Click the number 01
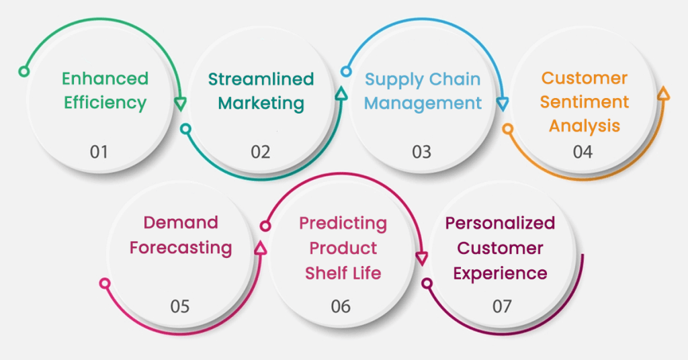click(x=99, y=152)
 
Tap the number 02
click(x=260, y=152)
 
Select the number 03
click(x=421, y=152)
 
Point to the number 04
click(x=583, y=152)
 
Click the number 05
click(x=179, y=306)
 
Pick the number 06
click(x=341, y=306)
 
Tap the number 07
click(x=502, y=306)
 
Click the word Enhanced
click(x=105, y=79)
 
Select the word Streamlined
click(x=261, y=79)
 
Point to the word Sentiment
click(x=585, y=101)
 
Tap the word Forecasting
click(x=181, y=247)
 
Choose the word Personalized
click(x=501, y=222)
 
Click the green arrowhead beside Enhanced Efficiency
click(x=180, y=103)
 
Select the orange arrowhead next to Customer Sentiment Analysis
click(x=663, y=93)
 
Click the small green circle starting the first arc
click(x=24, y=71)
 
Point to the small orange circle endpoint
click(x=508, y=128)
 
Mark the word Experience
click(x=500, y=273)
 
